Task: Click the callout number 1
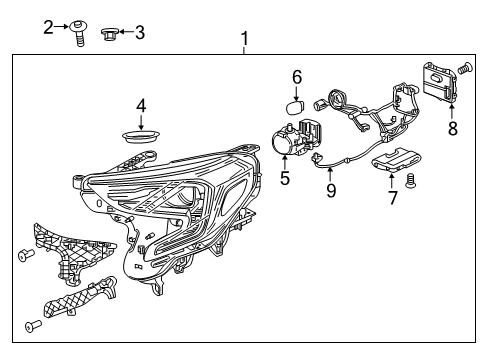pos(243,40)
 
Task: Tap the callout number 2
pos(48,27)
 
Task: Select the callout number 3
pos(139,32)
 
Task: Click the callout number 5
pos(285,179)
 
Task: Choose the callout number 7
pos(393,197)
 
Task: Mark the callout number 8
pos(452,127)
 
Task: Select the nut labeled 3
pos(110,36)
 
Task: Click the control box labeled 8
pos(440,82)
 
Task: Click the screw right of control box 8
pos(466,71)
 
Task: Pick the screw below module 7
pos(413,181)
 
